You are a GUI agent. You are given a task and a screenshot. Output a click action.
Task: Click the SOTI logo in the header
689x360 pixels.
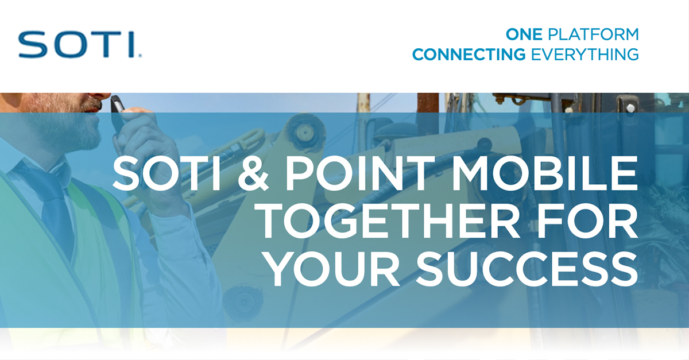click(x=80, y=44)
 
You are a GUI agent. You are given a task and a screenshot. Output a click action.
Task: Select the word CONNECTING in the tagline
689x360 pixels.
click(x=469, y=55)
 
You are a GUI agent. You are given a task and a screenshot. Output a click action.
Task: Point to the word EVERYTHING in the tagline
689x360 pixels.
click(x=585, y=55)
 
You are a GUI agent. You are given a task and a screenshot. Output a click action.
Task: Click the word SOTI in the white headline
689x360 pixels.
click(x=167, y=173)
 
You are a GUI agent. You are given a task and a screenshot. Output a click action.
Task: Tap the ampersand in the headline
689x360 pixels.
click(x=253, y=173)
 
